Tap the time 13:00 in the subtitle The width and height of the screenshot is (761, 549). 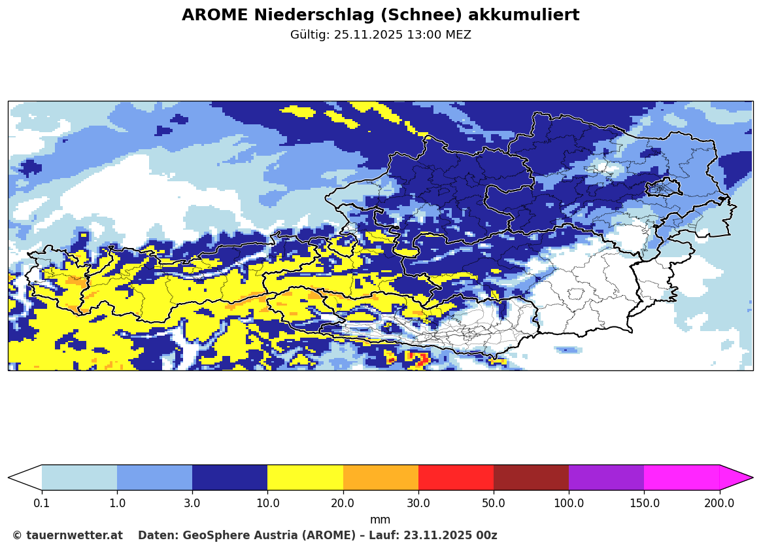click(x=421, y=35)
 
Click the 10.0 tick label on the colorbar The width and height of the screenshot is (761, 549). click(x=267, y=503)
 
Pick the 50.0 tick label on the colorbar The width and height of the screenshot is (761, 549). click(x=494, y=503)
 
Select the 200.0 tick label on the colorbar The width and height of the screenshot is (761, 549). click(x=719, y=503)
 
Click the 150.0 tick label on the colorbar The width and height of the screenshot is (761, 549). click(x=644, y=503)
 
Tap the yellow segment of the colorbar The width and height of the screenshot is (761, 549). click(x=305, y=478)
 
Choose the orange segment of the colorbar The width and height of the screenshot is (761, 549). click(x=380, y=478)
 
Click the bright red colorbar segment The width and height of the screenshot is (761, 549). click(x=456, y=478)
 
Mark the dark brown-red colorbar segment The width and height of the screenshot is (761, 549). click(x=531, y=478)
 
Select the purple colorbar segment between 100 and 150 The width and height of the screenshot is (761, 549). click(x=606, y=478)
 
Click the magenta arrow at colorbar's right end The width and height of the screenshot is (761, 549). click(x=735, y=478)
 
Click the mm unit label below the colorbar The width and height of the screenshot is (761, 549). click(x=380, y=520)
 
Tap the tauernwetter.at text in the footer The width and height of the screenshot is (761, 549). click(x=74, y=535)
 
